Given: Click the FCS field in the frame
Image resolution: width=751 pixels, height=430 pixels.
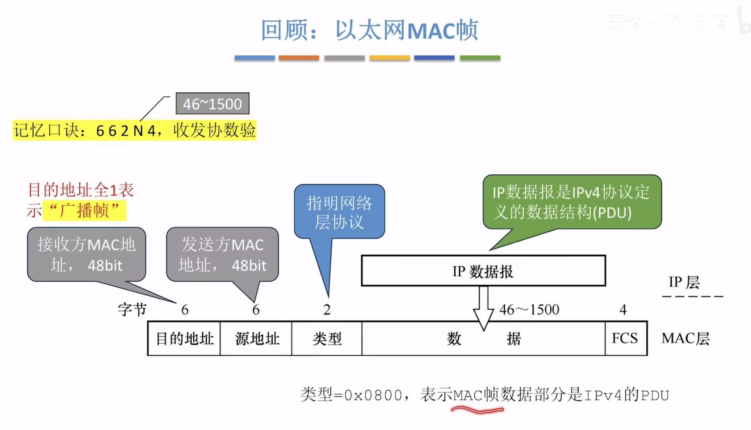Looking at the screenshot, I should [x=625, y=338].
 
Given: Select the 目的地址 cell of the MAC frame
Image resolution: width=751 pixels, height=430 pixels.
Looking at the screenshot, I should [x=184, y=338].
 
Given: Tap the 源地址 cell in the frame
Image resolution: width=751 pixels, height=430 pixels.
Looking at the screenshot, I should [x=256, y=338].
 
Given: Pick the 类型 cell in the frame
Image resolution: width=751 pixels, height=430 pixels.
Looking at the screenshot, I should [x=327, y=338].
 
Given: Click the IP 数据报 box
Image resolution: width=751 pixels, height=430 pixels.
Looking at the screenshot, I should [x=483, y=271].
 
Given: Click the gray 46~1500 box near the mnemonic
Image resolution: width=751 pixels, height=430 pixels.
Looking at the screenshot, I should [x=212, y=103].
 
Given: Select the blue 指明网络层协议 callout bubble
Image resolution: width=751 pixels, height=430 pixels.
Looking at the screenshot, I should [x=339, y=212].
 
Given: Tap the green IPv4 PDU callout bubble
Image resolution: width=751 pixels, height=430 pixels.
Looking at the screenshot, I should [x=571, y=202].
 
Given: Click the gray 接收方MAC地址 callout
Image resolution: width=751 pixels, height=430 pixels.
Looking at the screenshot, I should [x=86, y=254].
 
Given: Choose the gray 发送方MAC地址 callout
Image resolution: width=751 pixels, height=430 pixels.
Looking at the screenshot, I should [x=222, y=254].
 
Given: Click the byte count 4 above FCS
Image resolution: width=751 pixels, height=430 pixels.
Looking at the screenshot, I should [x=623, y=309].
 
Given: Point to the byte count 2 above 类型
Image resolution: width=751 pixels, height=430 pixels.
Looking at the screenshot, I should [x=327, y=309].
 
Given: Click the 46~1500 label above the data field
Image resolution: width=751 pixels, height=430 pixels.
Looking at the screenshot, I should [x=529, y=309].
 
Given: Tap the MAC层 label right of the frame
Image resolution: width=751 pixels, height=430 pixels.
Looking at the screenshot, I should [x=685, y=338].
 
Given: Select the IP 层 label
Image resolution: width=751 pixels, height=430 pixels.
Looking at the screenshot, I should [x=684, y=282].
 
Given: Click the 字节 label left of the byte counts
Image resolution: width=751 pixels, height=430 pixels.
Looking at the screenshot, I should [x=132, y=309].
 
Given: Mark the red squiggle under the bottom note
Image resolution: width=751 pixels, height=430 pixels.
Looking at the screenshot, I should [x=477, y=410].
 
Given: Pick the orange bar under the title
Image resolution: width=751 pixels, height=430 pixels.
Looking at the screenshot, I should [x=299, y=58].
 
